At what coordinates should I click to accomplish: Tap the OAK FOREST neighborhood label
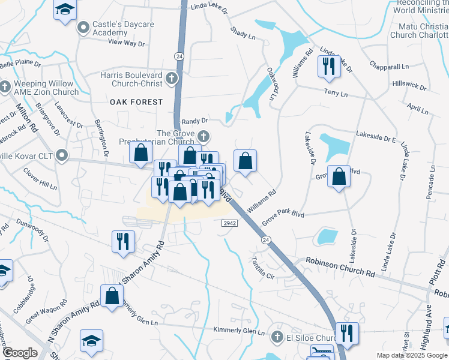point(136,102)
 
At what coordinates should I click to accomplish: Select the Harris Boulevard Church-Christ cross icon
point(172,77)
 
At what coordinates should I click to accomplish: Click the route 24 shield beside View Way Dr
point(179,56)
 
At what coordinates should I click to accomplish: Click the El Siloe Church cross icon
point(277,336)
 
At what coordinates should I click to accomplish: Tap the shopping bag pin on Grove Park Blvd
point(339,177)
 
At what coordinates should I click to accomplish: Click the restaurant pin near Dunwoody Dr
point(122,241)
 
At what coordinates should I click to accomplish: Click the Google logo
point(20,353)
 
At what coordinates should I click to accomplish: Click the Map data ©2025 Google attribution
point(412,355)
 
